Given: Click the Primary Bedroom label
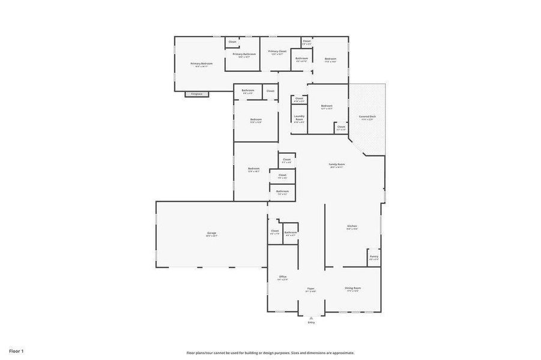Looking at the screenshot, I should (202, 64).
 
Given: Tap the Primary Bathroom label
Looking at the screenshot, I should (244, 55).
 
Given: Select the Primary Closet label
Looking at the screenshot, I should (277, 52).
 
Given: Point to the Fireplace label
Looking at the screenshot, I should (196, 94).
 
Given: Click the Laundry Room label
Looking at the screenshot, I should (299, 118).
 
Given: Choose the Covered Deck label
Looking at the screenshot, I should (367, 117).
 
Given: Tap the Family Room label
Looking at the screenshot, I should (337, 165).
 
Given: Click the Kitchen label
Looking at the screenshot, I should (352, 227).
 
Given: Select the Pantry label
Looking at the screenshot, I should (374, 257).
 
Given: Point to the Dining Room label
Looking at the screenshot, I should (352, 289).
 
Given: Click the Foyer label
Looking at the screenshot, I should (311, 289).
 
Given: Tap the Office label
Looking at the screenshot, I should (282, 277).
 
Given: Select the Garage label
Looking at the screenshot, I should (212, 233).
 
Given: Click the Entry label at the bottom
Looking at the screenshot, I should (311, 322).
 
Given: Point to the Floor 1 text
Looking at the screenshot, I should (16, 350).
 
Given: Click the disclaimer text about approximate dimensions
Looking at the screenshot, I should (270, 353).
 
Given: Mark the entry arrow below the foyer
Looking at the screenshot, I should (311, 317).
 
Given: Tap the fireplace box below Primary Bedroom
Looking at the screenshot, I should (196, 94).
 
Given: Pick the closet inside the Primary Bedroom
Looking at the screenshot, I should (232, 43).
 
